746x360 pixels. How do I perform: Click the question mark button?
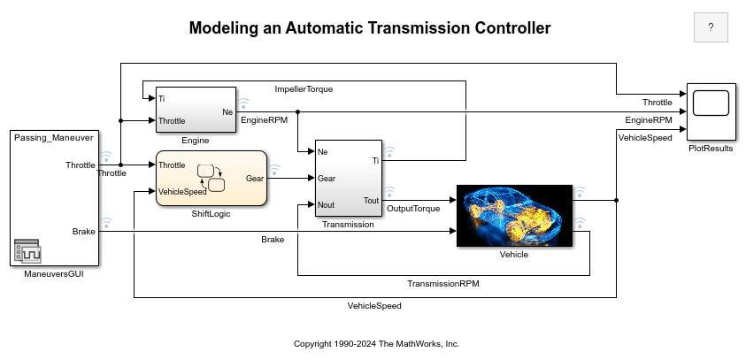tap(711, 27)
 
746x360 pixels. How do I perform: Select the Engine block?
tap(196, 110)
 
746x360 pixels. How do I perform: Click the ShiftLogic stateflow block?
tap(211, 179)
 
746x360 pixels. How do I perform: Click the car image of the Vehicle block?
tap(515, 215)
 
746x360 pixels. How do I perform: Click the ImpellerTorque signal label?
tap(304, 89)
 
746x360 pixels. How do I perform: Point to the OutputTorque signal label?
tap(414, 209)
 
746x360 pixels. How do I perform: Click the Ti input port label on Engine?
tap(162, 99)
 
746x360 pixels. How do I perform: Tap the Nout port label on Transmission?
tap(326, 204)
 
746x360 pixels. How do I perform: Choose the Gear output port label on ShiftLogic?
tap(254, 179)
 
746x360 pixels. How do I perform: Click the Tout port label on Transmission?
tap(371, 200)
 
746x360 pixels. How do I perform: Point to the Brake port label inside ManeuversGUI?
tap(84, 231)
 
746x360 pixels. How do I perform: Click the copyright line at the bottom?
tap(377, 343)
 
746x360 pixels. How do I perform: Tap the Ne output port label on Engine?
tap(227, 111)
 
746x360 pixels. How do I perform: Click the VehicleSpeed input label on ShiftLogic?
tap(183, 191)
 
